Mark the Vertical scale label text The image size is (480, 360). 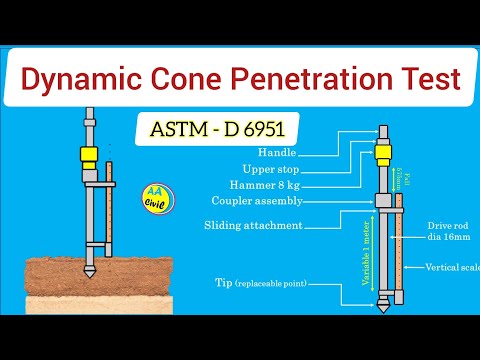pyautogui.click(x=451, y=267)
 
